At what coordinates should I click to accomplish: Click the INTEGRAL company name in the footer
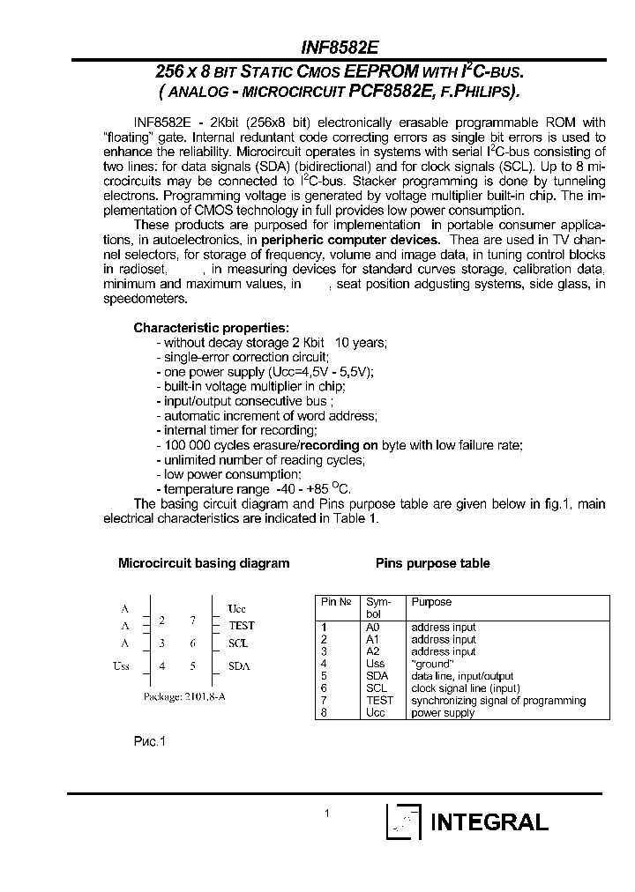tap(489, 822)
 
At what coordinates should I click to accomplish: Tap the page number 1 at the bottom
tap(326, 814)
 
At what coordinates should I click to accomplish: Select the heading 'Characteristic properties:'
tap(211, 327)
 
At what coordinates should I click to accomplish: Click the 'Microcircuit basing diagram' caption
tap(204, 563)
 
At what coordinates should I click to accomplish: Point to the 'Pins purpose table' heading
tap(432, 563)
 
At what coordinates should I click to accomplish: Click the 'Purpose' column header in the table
tap(431, 602)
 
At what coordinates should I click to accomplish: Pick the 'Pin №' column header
tap(337, 602)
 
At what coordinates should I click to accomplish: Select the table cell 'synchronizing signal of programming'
tap(498, 701)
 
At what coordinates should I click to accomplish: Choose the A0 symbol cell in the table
tap(372, 627)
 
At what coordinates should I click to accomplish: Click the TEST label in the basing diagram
tap(241, 625)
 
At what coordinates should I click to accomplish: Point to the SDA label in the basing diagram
tap(239, 666)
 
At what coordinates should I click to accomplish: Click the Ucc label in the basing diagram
tap(237, 608)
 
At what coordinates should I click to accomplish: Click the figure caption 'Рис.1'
tap(149, 742)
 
